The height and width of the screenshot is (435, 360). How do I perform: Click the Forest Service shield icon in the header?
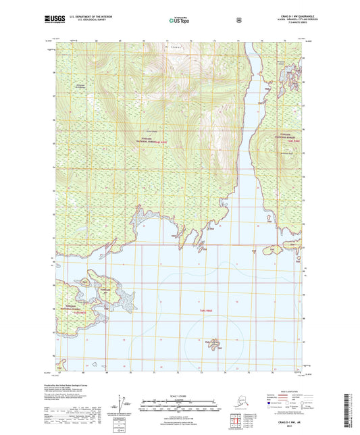point(238,20)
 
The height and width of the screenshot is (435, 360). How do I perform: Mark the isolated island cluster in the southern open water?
point(214,344)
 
